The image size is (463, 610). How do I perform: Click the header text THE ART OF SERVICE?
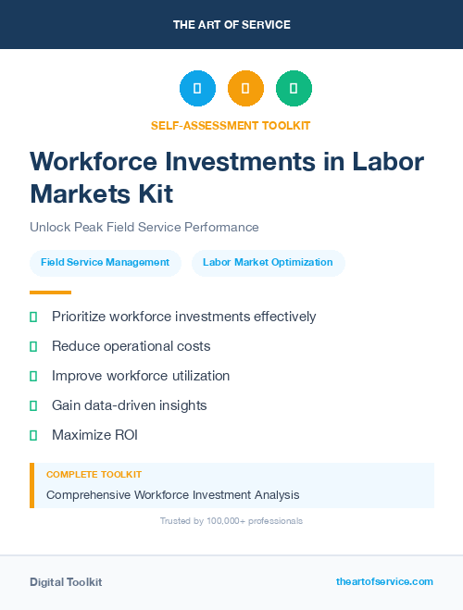(x=231, y=25)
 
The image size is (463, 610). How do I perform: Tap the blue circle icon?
(x=197, y=89)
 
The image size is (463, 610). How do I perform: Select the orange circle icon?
(x=245, y=89)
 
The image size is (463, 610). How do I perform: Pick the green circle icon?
(x=294, y=89)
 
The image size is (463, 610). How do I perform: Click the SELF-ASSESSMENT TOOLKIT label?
(x=231, y=125)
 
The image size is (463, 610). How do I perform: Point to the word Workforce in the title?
(x=94, y=161)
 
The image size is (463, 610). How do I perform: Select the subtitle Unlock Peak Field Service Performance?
(x=144, y=227)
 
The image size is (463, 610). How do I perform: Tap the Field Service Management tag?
(x=105, y=263)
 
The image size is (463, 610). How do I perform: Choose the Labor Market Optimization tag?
(x=268, y=263)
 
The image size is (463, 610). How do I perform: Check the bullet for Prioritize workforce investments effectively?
(x=33, y=317)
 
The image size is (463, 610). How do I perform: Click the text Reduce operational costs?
(x=131, y=346)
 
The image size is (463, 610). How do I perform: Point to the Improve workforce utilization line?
(x=141, y=376)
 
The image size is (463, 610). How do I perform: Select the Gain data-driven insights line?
(x=129, y=405)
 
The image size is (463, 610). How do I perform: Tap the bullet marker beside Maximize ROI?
(x=33, y=435)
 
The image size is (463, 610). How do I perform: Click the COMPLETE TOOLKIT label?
(x=94, y=474)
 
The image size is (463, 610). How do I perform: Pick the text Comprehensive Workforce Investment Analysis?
(x=172, y=495)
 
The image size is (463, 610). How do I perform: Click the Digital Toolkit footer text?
(x=66, y=582)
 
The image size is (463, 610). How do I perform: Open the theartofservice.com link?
(x=384, y=581)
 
